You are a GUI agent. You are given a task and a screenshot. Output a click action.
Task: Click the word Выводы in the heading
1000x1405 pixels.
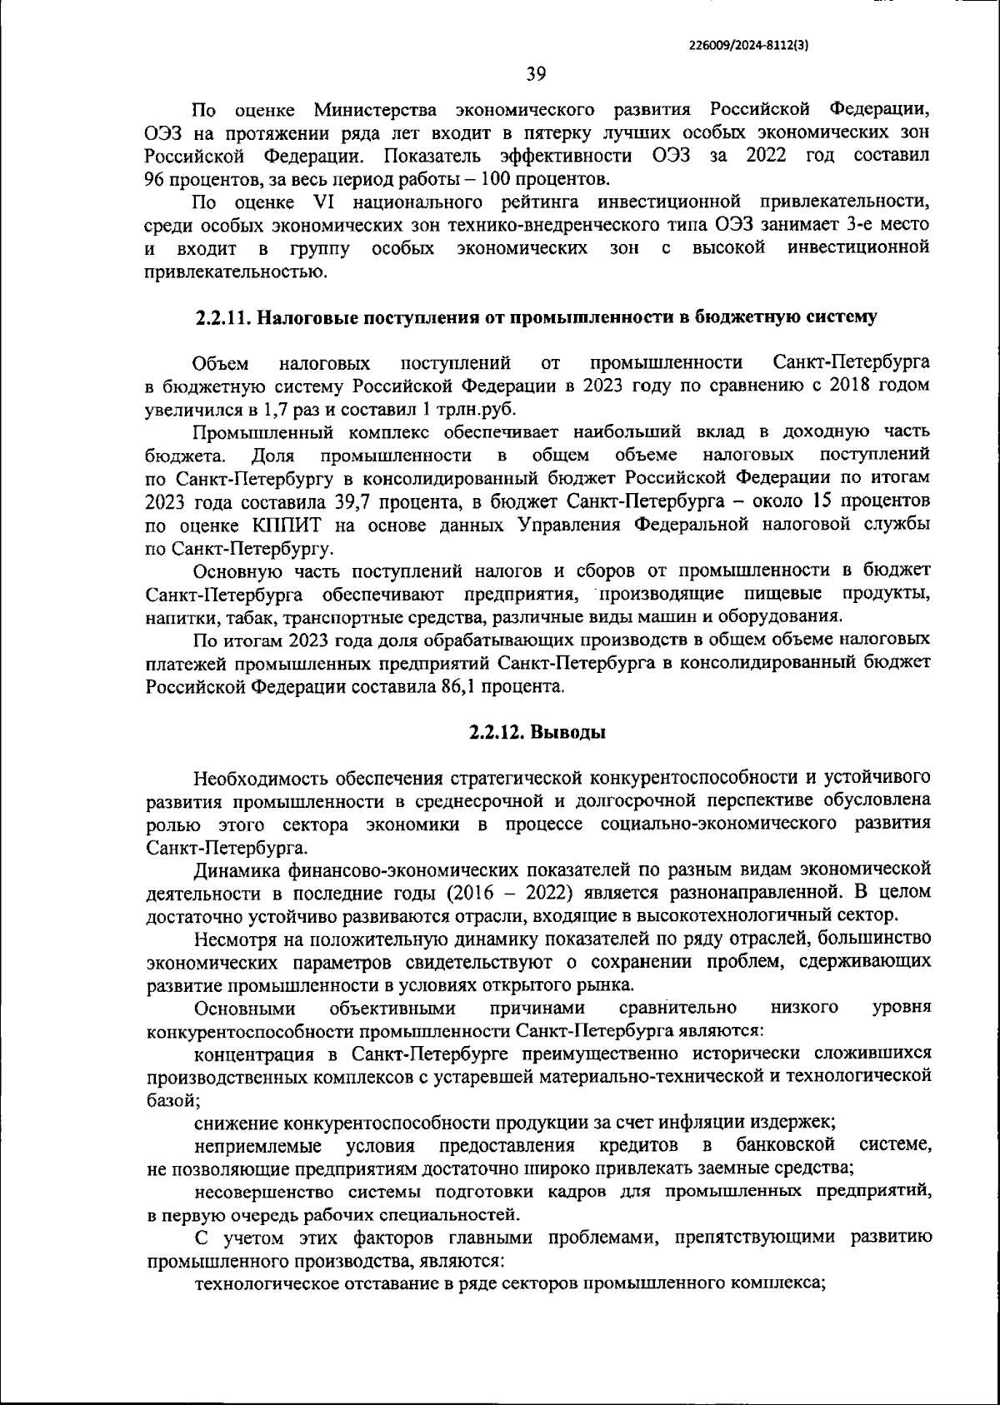click(568, 733)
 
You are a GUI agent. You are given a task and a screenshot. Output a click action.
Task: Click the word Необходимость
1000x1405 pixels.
click(262, 779)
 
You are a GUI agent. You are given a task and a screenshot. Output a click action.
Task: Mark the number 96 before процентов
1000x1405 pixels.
click(156, 178)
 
